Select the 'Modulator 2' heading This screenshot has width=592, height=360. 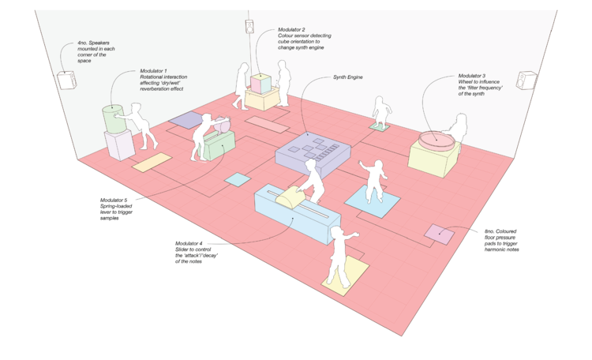[x=293, y=29]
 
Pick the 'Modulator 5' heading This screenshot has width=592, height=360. [x=115, y=200]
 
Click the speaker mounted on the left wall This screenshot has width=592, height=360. [x=64, y=81]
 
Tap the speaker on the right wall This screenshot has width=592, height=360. [x=526, y=81]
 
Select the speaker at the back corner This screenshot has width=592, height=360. [x=249, y=28]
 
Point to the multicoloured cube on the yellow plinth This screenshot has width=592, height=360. [x=260, y=83]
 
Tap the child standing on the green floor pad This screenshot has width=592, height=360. [x=381, y=112]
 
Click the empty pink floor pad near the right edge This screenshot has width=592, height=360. [x=439, y=234]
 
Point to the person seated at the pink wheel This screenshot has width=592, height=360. [x=455, y=126]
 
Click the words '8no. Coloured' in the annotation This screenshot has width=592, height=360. [x=504, y=231]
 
